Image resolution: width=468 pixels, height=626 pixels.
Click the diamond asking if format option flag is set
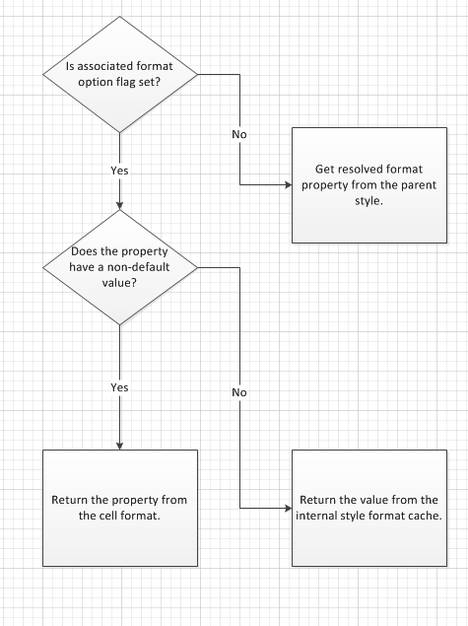[119, 72]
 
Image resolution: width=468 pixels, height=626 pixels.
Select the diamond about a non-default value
[119, 266]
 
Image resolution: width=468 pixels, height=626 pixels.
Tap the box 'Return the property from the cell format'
[119, 507]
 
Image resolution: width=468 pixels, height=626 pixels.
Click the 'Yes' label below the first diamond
[119, 171]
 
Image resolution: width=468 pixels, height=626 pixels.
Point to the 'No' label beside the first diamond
[239, 133]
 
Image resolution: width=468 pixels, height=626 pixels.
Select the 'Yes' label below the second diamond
[119, 387]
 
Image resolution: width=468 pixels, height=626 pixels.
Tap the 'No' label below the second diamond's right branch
[239, 392]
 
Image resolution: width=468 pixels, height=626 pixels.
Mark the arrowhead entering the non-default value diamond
[119, 205]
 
